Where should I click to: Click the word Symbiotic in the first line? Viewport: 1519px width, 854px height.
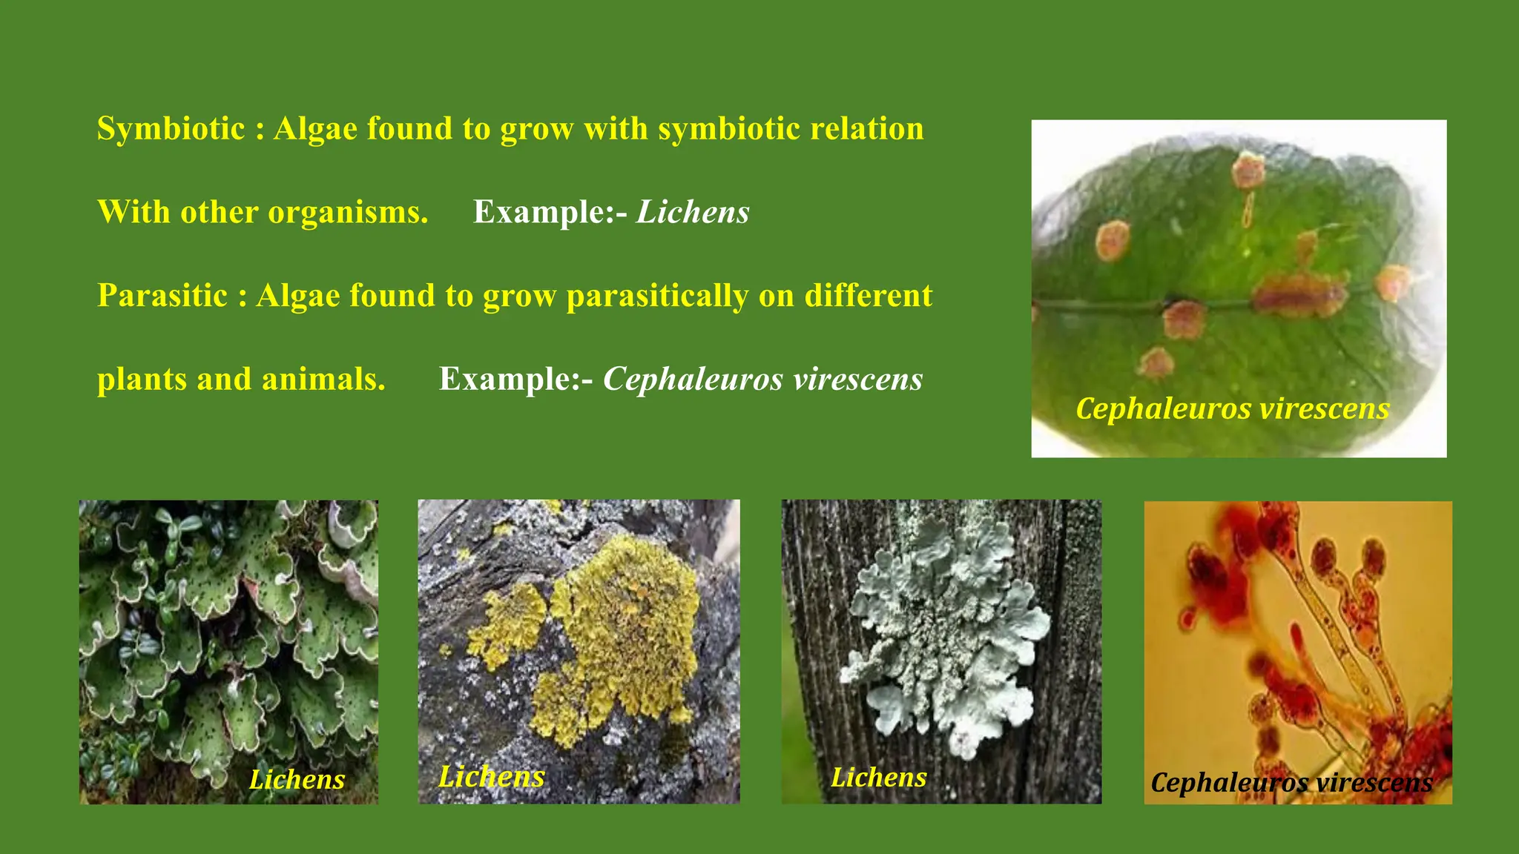pos(171,129)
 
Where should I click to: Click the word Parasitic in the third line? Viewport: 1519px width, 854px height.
pos(162,296)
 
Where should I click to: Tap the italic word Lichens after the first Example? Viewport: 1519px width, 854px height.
pos(693,213)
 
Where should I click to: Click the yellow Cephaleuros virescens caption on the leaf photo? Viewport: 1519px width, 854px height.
pos(1232,408)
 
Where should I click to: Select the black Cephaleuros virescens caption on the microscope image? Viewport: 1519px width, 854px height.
pos(1291,782)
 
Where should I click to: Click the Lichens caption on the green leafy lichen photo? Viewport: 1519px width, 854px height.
pos(297,779)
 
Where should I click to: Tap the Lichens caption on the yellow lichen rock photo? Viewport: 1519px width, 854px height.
pos(491,776)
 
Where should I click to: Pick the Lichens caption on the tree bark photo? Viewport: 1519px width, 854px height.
pos(878,777)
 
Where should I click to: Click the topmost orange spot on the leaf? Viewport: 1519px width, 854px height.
pos(1248,171)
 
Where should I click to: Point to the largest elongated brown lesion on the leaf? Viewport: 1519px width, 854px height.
pos(1299,295)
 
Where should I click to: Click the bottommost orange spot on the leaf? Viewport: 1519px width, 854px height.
pos(1155,363)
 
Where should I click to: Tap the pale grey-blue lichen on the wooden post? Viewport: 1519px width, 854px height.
pos(946,630)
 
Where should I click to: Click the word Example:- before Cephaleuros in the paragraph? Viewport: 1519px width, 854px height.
pos(515,380)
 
